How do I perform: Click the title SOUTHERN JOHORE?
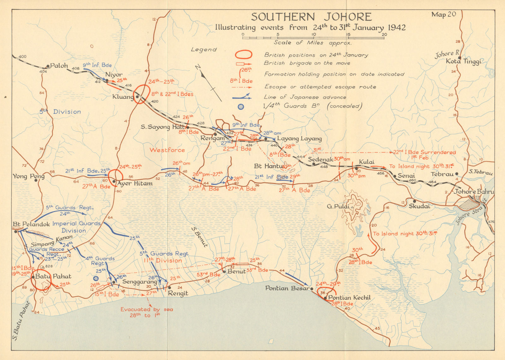pyautogui.click(x=311, y=17)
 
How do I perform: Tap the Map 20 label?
pyautogui.click(x=443, y=15)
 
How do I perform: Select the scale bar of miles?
pyautogui.click(x=313, y=38)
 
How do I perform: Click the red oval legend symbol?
pyautogui.click(x=243, y=55)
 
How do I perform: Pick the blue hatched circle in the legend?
pyautogui.click(x=241, y=107)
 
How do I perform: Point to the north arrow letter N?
pyautogui.click(x=198, y=68)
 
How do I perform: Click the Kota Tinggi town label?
pyautogui.click(x=463, y=62)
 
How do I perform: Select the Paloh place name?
pyautogui.click(x=59, y=66)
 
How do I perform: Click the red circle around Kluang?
pyautogui.click(x=141, y=94)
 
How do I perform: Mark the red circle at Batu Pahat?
pyautogui.click(x=42, y=279)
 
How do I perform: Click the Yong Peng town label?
pyautogui.click(x=28, y=176)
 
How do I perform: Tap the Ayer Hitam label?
pyautogui.click(x=135, y=183)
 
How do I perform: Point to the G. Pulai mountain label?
pyautogui.click(x=338, y=207)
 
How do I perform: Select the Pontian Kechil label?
pyautogui.click(x=349, y=298)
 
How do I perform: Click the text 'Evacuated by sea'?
pyautogui.click(x=146, y=309)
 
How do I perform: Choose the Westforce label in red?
pyautogui.click(x=167, y=150)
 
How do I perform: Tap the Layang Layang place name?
pyautogui.click(x=299, y=139)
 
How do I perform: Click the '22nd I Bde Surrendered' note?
pyautogui.click(x=424, y=152)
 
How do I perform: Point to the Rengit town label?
pyautogui.click(x=178, y=293)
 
